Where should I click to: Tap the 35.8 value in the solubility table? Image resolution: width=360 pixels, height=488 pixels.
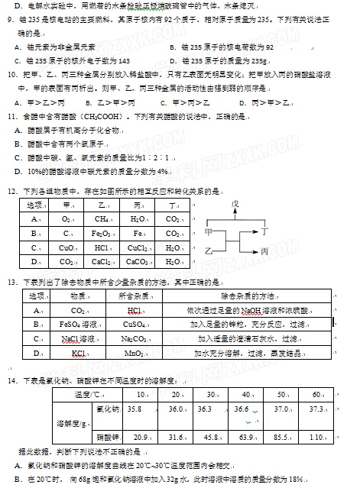click(x=135, y=410)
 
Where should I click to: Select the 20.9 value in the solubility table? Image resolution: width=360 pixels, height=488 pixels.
click(x=140, y=437)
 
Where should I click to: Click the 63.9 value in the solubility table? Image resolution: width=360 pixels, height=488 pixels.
click(x=246, y=437)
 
